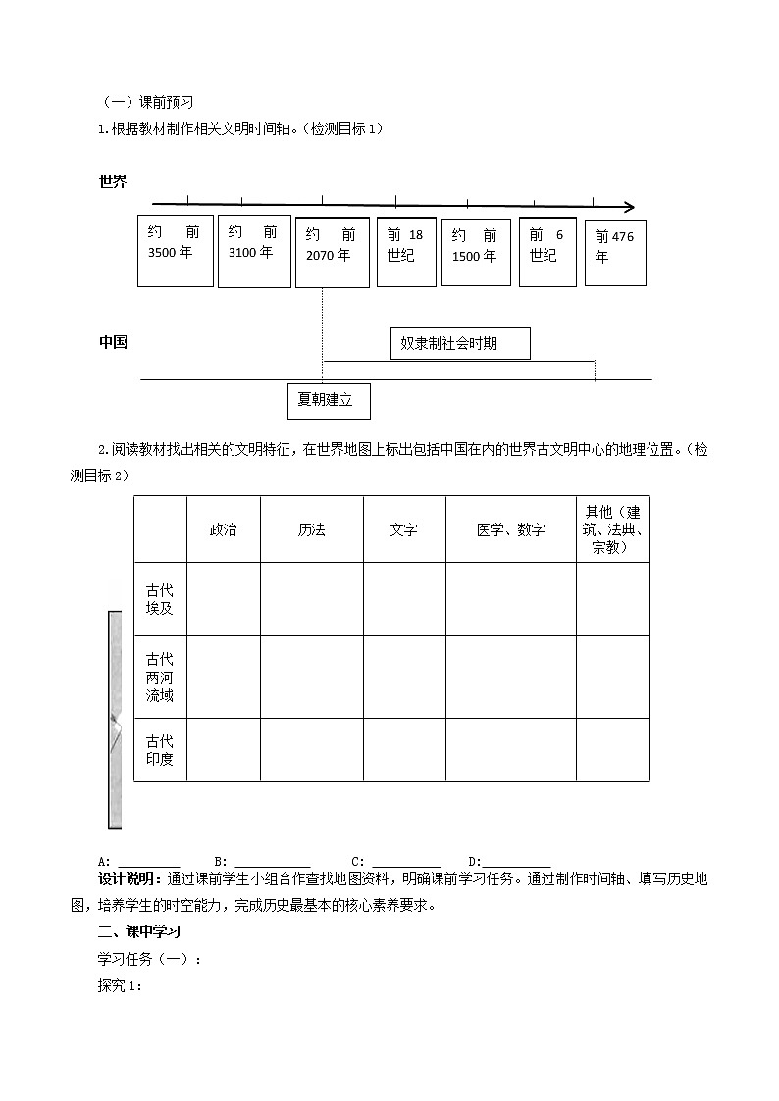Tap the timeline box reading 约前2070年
[332, 252]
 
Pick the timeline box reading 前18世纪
[406, 252]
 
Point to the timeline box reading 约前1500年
[476, 252]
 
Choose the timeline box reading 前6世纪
[547, 252]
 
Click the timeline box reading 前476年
[615, 252]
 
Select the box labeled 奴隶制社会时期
[459, 344]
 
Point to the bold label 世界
[113, 181]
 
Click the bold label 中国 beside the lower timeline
[113, 343]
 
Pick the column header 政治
[223, 529]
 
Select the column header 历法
[311, 529]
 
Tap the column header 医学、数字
[510, 529]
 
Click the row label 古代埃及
[160, 599]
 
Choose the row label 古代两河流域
[160, 676]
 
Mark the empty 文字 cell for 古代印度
[403, 750]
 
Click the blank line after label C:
[406, 862]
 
